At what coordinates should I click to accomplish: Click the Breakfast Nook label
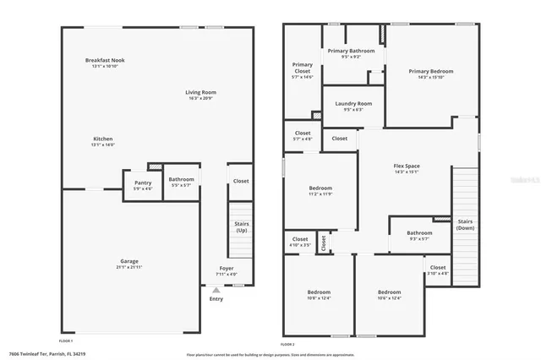tap(106, 61)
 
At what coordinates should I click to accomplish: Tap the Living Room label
tap(201, 92)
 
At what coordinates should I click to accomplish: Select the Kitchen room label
tap(103, 139)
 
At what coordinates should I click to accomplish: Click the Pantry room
tap(143, 183)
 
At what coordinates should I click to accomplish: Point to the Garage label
tap(128, 262)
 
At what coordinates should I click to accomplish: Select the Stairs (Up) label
tap(241, 226)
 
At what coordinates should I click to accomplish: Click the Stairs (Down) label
tap(466, 226)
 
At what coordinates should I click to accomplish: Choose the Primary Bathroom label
tap(350, 51)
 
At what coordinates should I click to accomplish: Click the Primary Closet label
tap(302, 68)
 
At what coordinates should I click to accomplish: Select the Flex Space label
tap(407, 166)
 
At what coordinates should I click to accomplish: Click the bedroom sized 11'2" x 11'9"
tap(320, 188)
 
